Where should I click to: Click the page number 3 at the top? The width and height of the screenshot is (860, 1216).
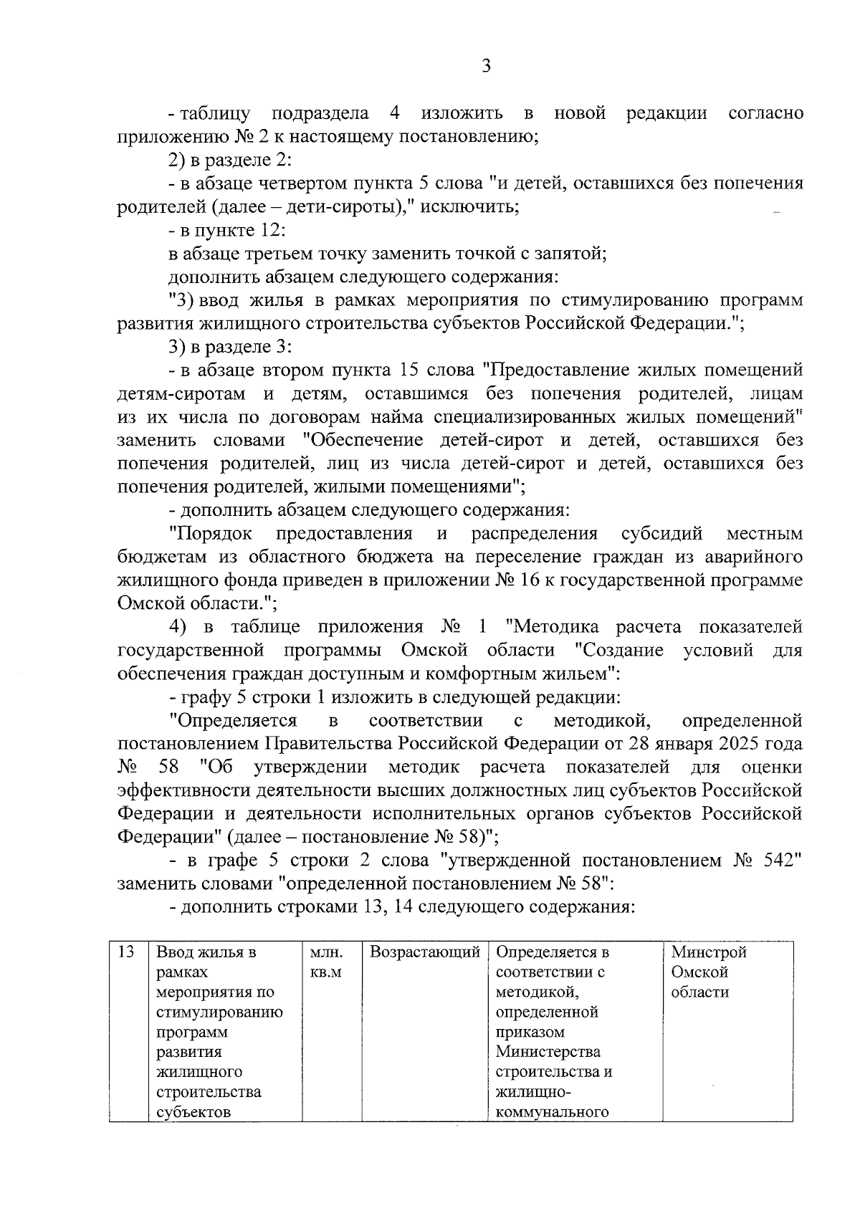click(x=486, y=67)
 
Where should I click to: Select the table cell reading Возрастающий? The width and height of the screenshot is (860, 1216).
click(x=424, y=952)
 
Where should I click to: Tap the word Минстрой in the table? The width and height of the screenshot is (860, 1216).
click(x=708, y=952)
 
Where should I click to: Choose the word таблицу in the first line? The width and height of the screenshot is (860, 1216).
click(x=215, y=113)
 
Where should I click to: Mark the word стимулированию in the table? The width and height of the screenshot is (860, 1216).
click(x=219, y=1012)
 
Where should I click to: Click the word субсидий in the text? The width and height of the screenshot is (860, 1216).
click(x=661, y=534)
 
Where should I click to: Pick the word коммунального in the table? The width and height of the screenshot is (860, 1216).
click(x=551, y=1112)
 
